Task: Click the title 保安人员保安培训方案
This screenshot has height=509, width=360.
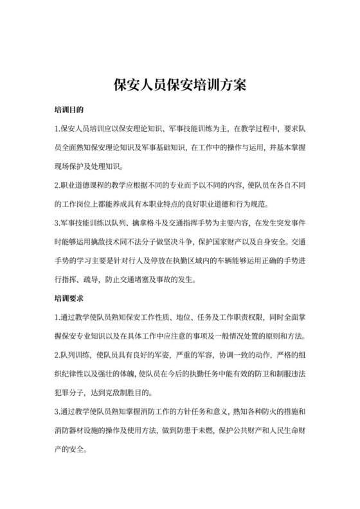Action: tap(180, 85)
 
